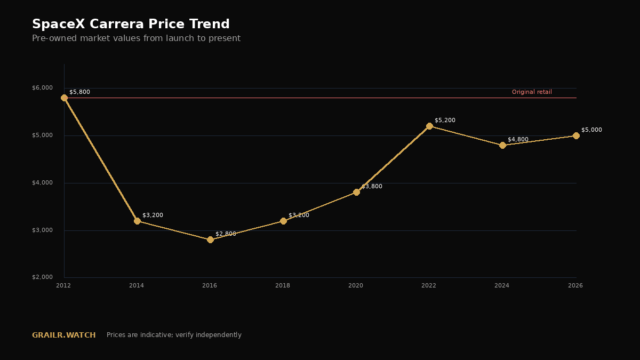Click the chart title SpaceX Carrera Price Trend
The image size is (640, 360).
[x=131, y=24]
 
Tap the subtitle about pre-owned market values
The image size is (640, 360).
[x=137, y=38]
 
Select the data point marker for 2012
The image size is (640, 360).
[x=65, y=98]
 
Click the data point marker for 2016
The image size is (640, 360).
[x=210, y=239]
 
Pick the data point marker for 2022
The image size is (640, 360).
[x=429, y=126]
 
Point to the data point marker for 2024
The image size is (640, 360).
[x=502, y=146]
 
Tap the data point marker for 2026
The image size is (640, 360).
[x=577, y=135]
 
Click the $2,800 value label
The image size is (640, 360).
[x=226, y=234]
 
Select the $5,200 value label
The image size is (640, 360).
[x=445, y=121]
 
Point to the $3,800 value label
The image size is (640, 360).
[x=372, y=186]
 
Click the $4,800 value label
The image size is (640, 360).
[x=518, y=139]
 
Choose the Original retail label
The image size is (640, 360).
[x=532, y=92]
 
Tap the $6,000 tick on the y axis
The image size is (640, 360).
[x=42, y=87]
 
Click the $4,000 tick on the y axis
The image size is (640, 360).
[x=42, y=182]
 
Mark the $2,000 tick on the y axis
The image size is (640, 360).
[x=42, y=277]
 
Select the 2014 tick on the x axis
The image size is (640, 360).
[x=137, y=285]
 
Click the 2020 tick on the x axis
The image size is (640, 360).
[x=356, y=285]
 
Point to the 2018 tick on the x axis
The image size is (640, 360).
[x=283, y=285]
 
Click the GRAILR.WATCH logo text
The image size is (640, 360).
[x=63, y=335]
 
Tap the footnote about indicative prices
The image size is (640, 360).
[x=174, y=335]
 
